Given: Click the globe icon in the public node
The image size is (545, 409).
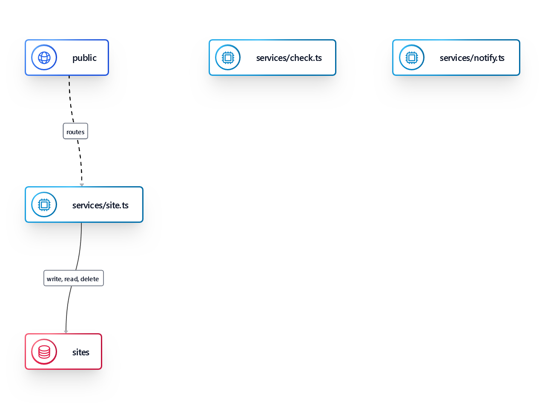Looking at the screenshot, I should [44, 58].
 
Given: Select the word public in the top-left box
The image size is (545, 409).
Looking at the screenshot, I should [84, 58].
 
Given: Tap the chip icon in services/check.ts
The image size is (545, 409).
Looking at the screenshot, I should [228, 58].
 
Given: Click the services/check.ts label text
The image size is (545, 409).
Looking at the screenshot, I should [289, 58].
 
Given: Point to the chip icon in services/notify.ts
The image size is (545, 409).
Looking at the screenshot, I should [412, 58].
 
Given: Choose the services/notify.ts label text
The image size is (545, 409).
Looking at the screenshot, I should [472, 58].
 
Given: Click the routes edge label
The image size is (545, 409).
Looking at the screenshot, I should [75, 132].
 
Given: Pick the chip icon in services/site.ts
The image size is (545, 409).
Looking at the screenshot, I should [44, 205].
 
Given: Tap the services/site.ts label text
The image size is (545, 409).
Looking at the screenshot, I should [100, 205].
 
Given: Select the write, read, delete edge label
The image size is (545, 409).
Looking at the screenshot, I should [73, 279].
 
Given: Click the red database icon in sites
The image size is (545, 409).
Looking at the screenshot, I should [44, 352].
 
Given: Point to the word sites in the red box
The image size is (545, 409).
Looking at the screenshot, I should [80, 352].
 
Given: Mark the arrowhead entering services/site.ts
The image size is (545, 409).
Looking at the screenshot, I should [82, 185].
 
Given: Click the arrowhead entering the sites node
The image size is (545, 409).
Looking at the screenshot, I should [66, 331].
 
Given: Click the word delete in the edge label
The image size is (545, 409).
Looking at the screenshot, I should [89, 279].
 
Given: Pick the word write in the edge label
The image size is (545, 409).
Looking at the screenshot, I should [54, 279].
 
